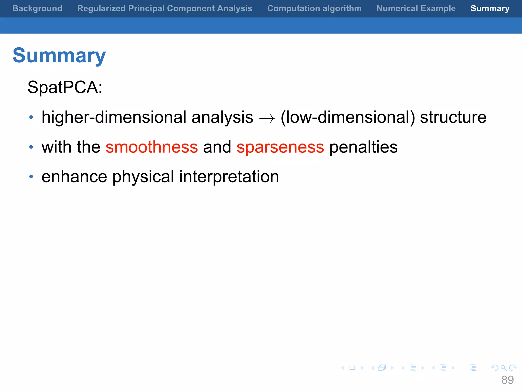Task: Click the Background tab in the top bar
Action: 37,8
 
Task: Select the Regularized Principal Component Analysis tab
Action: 165,8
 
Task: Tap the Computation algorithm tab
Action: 314,8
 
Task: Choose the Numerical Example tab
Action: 416,8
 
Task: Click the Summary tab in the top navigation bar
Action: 490,8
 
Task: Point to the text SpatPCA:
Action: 65,87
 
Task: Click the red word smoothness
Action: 152,147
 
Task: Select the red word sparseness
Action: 280,147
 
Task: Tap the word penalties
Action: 363,147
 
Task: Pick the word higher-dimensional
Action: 114,117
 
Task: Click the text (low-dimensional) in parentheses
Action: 348,117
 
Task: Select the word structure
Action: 453,117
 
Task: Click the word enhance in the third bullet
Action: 74,177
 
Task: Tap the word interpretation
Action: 229,177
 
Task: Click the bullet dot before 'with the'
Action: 31,147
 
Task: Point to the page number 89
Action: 507,380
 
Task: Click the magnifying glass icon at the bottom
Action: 503,368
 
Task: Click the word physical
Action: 143,177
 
